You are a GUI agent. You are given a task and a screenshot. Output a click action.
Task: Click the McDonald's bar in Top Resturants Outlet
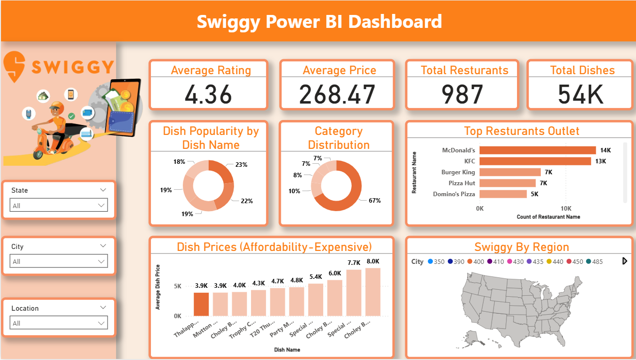(537, 150)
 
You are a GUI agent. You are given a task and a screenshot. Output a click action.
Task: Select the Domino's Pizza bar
(503, 194)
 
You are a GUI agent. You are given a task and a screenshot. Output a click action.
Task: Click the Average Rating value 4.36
(208, 94)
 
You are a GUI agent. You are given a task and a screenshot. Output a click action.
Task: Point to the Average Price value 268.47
(337, 94)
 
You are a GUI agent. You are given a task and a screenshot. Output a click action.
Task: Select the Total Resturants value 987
(462, 94)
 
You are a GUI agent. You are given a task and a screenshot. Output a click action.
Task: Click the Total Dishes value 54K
(581, 94)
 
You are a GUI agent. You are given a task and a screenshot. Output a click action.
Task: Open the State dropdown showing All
(59, 205)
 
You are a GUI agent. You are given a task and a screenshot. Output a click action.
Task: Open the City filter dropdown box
(59, 261)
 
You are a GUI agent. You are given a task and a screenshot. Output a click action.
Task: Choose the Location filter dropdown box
(59, 323)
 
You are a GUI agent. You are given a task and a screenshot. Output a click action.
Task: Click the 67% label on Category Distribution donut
(375, 201)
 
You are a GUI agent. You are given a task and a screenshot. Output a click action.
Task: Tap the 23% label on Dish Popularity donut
(242, 165)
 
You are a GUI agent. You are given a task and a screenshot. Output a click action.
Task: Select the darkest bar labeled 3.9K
(201, 304)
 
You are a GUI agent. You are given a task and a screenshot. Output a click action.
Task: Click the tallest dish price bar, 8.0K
(373, 292)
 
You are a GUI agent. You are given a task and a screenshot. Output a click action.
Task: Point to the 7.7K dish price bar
(354, 293)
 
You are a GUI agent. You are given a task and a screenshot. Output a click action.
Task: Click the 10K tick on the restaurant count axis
(566, 208)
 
